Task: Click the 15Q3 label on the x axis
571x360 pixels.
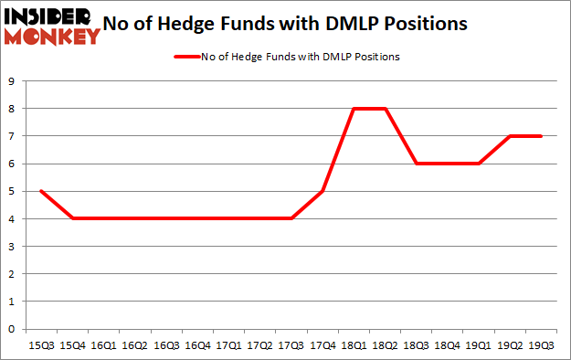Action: pyautogui.click(x=41, y=346)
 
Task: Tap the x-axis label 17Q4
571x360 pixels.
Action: pyautogui.click(x=322, y=346)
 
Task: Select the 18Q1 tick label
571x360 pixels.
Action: pyautogui.click(x=353, y=346)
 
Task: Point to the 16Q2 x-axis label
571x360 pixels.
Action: pyautogui.click(x=134, y=346)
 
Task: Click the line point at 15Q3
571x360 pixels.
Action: pyautogui.click(x=41, y=191)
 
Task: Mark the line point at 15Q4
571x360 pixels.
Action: pyautogui.click(x=72, y=218)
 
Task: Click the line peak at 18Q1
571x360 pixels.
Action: pyautogui.click(x=353, y=109)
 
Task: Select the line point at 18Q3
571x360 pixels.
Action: pyautogui.click(x=416, y=164)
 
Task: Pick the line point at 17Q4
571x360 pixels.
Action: pyautogui.click(x=322, y=191)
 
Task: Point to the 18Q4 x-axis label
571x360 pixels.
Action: pyautogui.click(x=447, y=346)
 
